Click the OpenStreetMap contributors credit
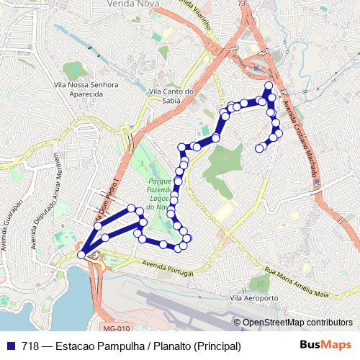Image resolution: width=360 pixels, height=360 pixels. tap(297, 323)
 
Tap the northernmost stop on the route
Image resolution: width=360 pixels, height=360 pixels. tap(269, 86)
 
